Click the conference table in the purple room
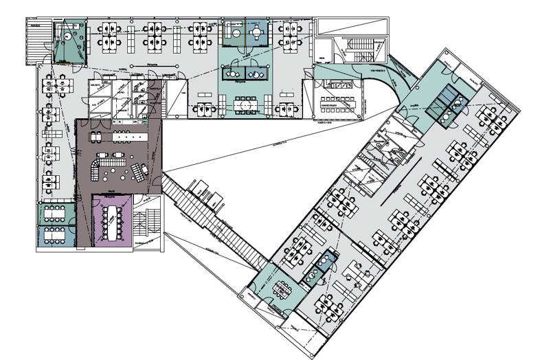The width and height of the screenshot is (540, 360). (x=110, y=219)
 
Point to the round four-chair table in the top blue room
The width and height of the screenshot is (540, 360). (x=256, y=30)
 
